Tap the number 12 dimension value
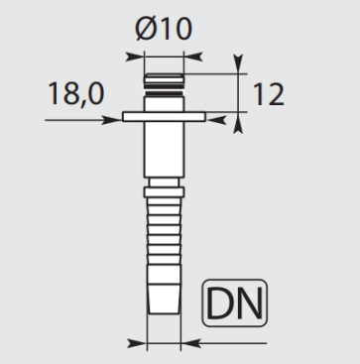point(270,94)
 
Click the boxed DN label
point(236,304)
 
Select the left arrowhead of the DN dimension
point(140,344)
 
